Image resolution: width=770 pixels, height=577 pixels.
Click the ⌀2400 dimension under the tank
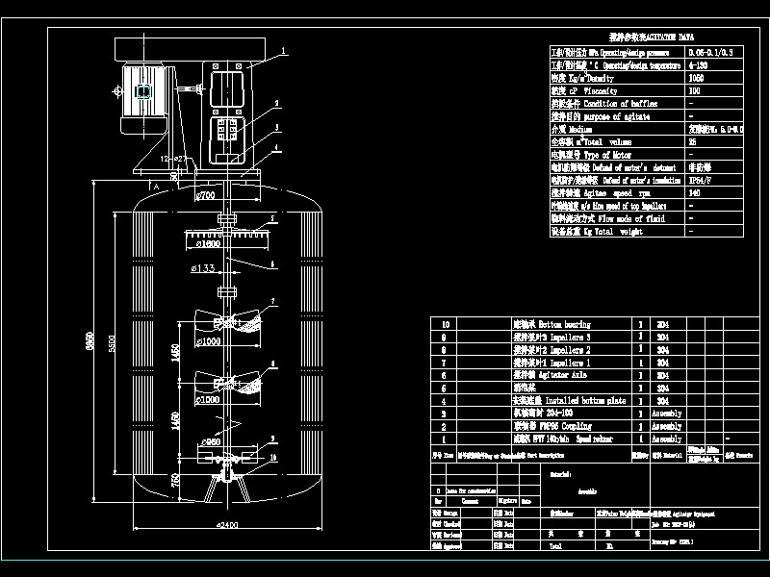[227, 525]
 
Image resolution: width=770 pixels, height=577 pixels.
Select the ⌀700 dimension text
[204, 196]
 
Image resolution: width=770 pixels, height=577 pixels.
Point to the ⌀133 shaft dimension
[202, 268]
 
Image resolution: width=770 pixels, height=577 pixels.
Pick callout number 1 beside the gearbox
[284, 50]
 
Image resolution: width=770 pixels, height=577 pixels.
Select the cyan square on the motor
[143, 92]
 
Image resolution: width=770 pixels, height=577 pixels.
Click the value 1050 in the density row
[697, 78]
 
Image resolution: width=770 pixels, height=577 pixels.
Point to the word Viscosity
[602, 90]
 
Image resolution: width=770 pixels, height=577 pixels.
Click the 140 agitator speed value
[695, 192]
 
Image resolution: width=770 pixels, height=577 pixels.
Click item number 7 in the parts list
[444, 363]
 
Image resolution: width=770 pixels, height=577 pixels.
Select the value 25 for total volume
[693, 141]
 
